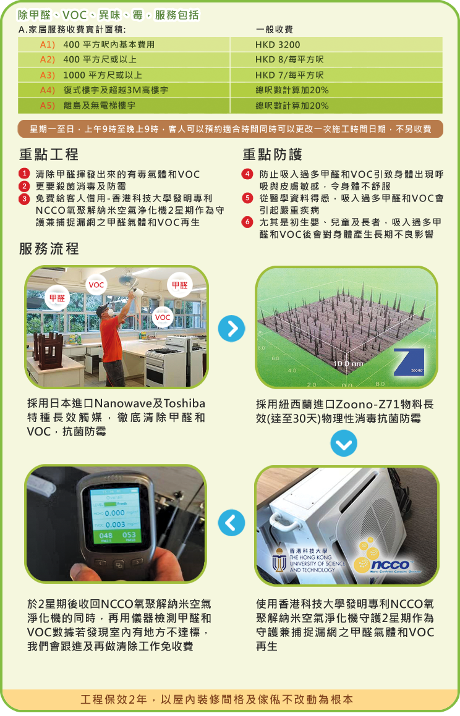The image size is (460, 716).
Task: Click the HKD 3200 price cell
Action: [x=278, y=44]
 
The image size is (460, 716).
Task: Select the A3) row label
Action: [x=48, y=75]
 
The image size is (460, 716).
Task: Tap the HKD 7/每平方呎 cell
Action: [x=289, y=75]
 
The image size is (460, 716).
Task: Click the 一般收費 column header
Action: [x=274, y=30]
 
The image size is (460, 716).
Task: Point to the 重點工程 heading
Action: [x=49, y=154]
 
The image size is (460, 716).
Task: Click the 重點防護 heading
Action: [x=272, y=154]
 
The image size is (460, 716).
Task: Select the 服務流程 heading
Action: [x=49, y=249]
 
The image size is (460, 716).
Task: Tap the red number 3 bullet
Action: [x=24, y=199]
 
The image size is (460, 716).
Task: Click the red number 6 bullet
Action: [x=247, y=222]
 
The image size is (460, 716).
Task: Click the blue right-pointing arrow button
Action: [x=232, y=328]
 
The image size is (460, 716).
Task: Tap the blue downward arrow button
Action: [x=344, y=444]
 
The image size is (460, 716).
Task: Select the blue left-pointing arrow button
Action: [x=232, y=523]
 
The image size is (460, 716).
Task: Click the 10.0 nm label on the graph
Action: [x=347, y=364]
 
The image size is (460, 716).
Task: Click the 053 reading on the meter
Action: [x=129, y=535]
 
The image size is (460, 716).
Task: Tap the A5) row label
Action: [x=48, y=106]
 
